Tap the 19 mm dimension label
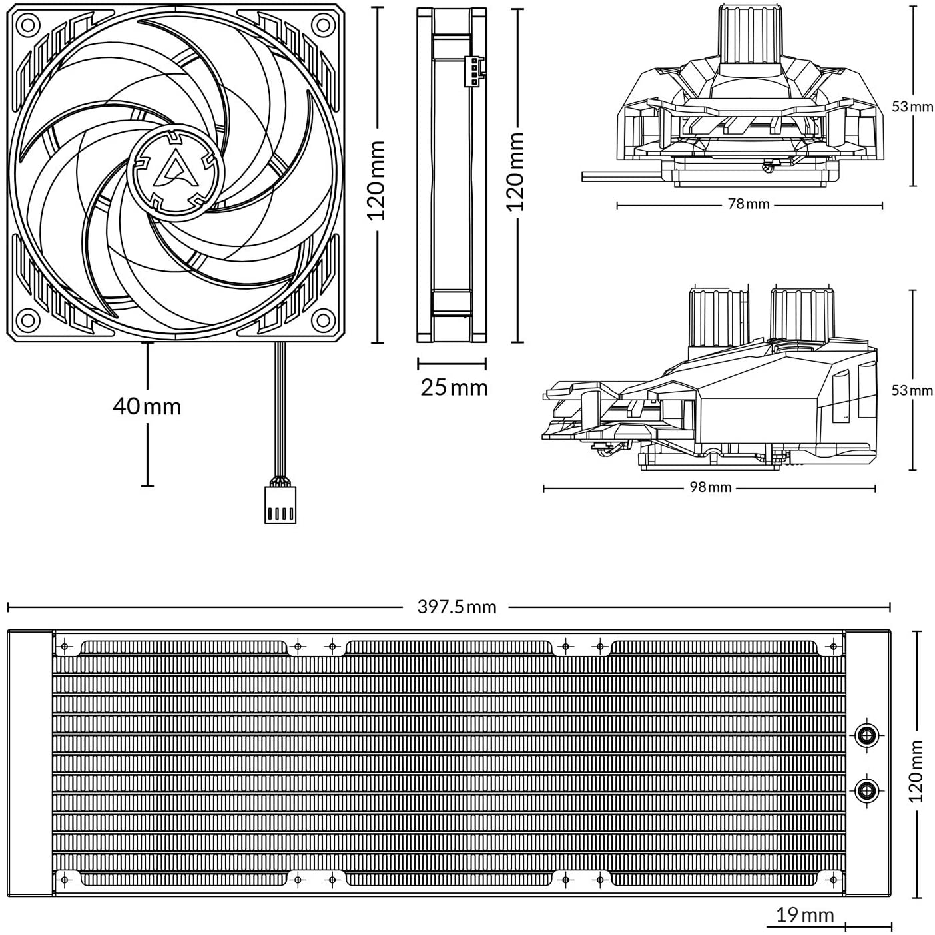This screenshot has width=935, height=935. tap(805, 914)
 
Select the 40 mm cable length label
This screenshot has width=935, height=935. tap(147, 406)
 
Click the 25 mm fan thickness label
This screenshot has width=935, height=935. tap(454, 387)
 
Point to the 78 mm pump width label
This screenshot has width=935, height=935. tap(748, 204)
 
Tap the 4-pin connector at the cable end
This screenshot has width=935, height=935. tap(280, 505)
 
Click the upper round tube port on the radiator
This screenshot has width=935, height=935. tap(866, 733)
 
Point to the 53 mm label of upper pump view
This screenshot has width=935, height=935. tap(912, 107)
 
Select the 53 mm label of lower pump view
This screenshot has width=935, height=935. tap(912, 390)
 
